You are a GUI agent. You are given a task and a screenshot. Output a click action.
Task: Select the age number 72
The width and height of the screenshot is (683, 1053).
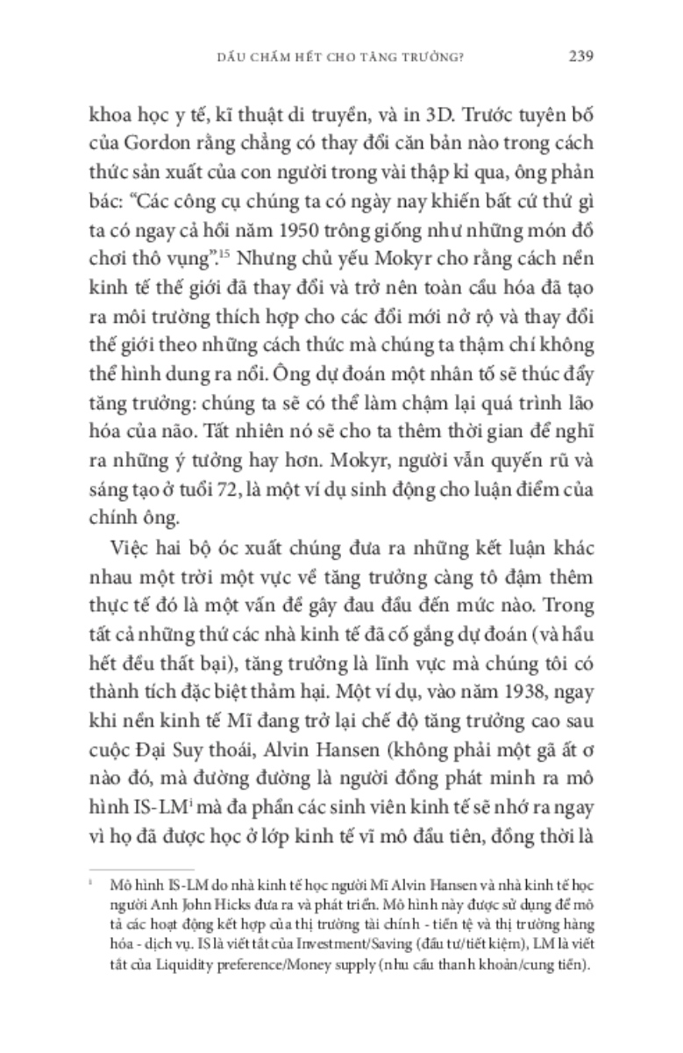256,467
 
